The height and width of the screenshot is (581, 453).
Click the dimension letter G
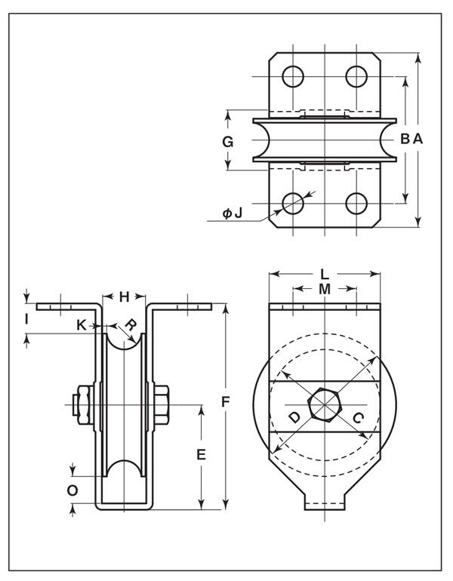pos(227,142)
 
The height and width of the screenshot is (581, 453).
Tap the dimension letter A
pos(418,139)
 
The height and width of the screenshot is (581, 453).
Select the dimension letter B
pos(405,139)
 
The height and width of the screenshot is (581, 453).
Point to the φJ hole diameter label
pos(232,213)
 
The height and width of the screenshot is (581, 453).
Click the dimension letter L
pos(325,274)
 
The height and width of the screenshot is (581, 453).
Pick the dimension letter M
pos(325,289)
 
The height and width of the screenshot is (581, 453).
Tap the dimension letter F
pos(225,401)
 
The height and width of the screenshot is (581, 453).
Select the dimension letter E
pos(201,454)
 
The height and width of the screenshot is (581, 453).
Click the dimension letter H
pos(124,297)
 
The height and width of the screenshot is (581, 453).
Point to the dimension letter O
pos(72,490)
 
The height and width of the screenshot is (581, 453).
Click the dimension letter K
pos(82,325)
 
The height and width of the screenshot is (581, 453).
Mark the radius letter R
pos(131,325)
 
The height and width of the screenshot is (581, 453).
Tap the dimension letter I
pos(26,318)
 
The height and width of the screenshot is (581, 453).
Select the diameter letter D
pos(294,417)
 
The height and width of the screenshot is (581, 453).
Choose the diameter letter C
pos(358,418)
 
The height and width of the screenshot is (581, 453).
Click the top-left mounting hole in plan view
pos(293,77)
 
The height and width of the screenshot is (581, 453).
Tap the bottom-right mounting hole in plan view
pos(356,204)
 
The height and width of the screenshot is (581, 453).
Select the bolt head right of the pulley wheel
pos(162,405)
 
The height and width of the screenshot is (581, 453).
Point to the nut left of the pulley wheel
pos(85,405)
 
